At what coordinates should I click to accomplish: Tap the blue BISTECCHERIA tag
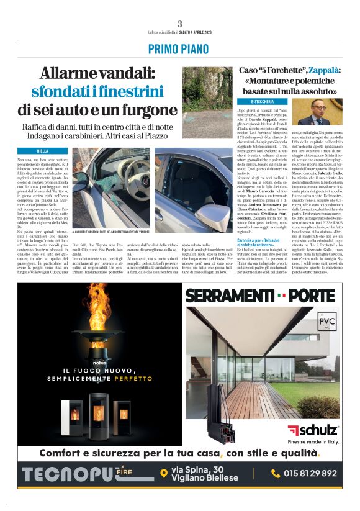point(262,101)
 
